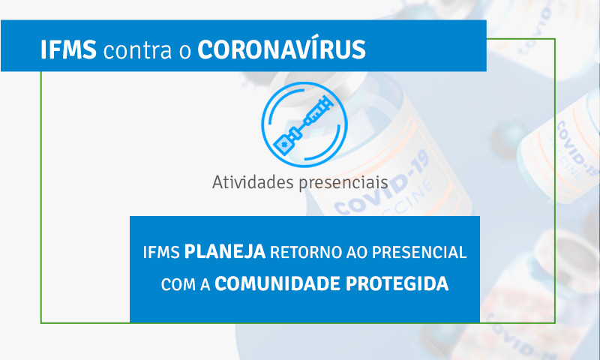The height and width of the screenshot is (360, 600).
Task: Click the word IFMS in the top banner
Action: point(68,49)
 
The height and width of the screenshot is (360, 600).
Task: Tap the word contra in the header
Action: point(137,51)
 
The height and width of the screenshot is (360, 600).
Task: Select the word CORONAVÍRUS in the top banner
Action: point(282,49)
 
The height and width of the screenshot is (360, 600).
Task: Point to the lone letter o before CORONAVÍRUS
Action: point(184,52)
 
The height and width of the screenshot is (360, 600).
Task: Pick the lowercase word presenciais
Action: point(343,183)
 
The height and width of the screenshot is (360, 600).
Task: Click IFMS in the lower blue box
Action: point(161,252)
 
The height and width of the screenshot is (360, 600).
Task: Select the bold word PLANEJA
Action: point(224,251)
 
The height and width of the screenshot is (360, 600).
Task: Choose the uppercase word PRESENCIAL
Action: point(419,252)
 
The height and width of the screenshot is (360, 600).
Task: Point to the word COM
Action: point(178,284)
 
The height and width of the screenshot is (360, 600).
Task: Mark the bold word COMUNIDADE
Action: point(277,283)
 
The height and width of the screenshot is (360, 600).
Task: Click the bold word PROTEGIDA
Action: point(397,283)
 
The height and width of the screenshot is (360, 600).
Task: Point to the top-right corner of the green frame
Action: point(555,39)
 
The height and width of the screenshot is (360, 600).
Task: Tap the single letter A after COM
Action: point(205,284)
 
